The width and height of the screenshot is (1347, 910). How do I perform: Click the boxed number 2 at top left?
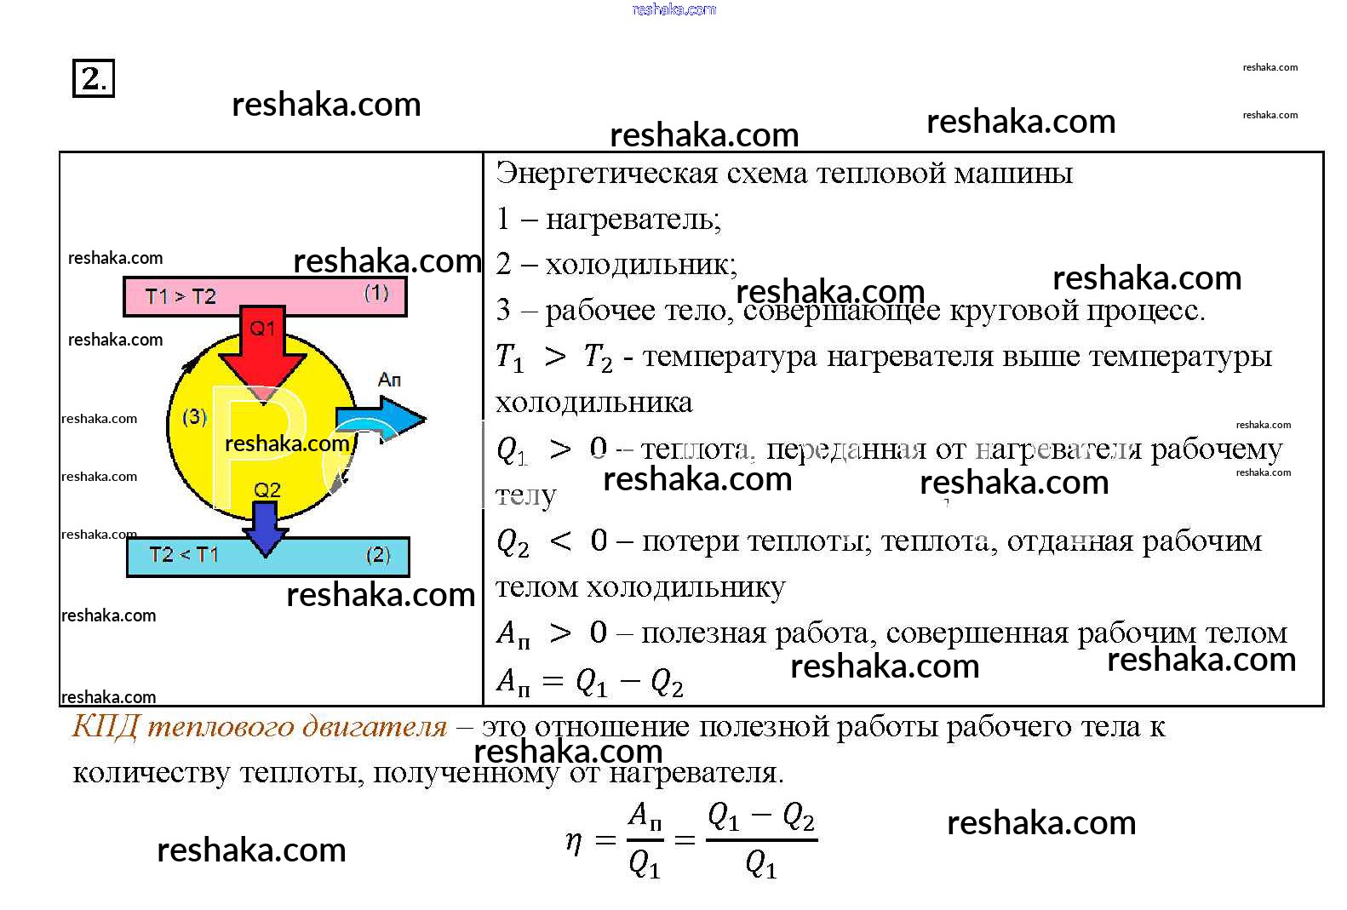[92, 78]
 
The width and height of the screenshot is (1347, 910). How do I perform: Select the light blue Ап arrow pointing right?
[387, 419]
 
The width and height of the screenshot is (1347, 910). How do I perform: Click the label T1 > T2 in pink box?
[181, 296]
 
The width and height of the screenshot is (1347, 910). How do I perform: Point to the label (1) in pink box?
[376, 293]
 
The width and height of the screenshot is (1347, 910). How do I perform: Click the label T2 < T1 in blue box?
[184, 555]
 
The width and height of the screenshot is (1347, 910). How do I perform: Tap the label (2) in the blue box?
[378, 555]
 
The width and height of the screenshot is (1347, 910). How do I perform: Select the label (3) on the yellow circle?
[195, 416]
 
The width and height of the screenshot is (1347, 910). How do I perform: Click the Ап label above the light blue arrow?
[389, 379]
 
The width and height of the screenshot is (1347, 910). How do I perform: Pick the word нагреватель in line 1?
[633, 220]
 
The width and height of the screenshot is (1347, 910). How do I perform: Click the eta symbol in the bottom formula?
[574, 841]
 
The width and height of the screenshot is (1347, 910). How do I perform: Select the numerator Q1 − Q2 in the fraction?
[761, 817]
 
